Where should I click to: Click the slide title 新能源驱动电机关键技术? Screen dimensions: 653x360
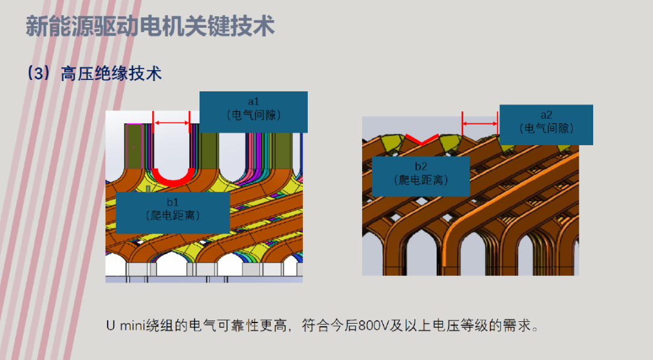(x=151, y=26)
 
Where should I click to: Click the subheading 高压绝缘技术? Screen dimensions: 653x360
(x=111, y=74)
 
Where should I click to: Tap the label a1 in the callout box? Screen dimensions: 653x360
(x=253, y=101)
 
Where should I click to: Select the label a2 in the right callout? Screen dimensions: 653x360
(x=547, y=114)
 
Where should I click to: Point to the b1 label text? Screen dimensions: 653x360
(x=173, y=202)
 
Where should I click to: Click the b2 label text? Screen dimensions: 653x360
(x=421, y=166)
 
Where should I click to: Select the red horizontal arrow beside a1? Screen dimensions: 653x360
(x=172, y=122)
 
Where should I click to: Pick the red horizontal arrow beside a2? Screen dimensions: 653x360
(x=479, y=123)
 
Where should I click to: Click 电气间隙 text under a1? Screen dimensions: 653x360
(x=253, y=115)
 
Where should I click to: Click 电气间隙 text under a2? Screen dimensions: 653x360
(x=547, y=128)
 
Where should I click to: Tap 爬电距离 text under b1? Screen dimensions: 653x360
(x=173, y=215)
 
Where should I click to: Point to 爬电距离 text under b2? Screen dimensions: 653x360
(x=421, y=180)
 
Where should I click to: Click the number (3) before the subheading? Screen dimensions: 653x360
(x=39, y=74)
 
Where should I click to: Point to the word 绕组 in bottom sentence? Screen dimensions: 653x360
(x=159, y=326)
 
